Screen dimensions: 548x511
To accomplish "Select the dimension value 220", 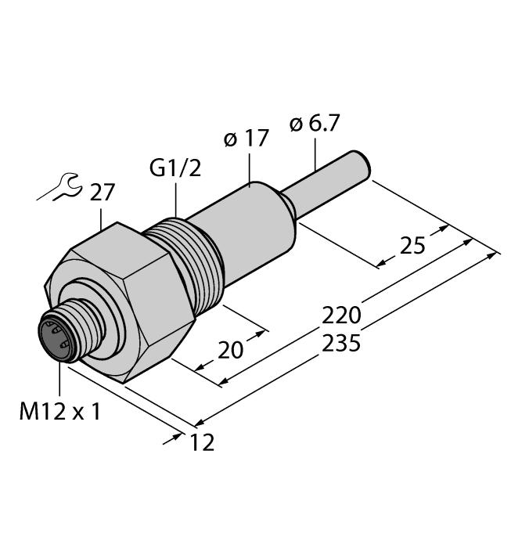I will (x=342, y=316).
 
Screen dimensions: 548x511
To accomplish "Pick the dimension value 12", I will (x=202, y=443).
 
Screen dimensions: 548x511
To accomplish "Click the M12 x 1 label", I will (x=59, y=412).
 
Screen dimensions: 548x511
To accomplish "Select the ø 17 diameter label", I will (x=246, y=139).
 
